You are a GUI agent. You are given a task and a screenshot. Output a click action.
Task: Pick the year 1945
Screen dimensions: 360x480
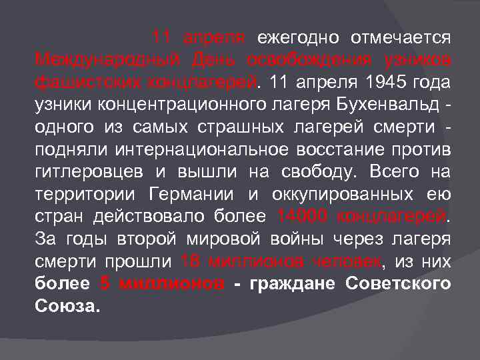coord(373,82)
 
